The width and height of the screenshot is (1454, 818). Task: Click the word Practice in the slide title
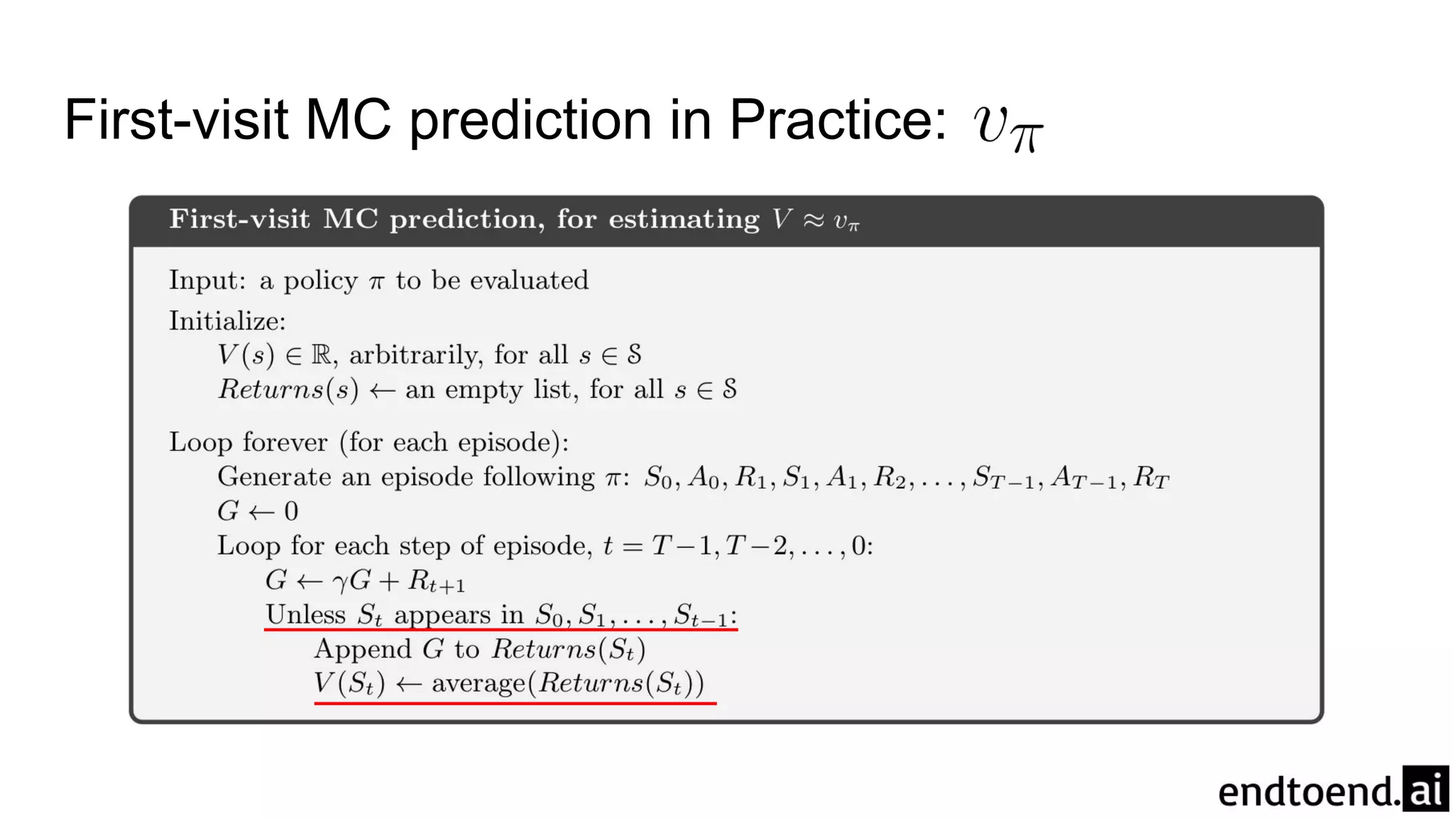[x=838, y=119]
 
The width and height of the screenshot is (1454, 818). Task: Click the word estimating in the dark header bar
[x=684, y=219]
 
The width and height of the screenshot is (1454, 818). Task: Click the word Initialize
[x=226, y=322]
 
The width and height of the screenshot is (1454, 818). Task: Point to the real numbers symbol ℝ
[x=321, y=354]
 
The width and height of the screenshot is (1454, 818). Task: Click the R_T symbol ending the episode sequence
[x=1151, y=478]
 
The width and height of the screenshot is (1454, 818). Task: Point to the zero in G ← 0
[x=291, y=511]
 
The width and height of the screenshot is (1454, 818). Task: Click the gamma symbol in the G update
[x=340, y=582]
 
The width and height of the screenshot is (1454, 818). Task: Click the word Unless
[x=305, y=614]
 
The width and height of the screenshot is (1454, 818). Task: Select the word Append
[x=363, y=649]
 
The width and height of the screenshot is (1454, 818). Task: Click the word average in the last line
[x=478, y=683]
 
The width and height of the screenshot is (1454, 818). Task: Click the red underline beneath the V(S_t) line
[x=515, y=703]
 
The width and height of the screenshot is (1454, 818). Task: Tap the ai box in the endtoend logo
[x=1425, y=789]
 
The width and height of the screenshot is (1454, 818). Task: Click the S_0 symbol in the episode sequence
[x=657, y=478]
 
